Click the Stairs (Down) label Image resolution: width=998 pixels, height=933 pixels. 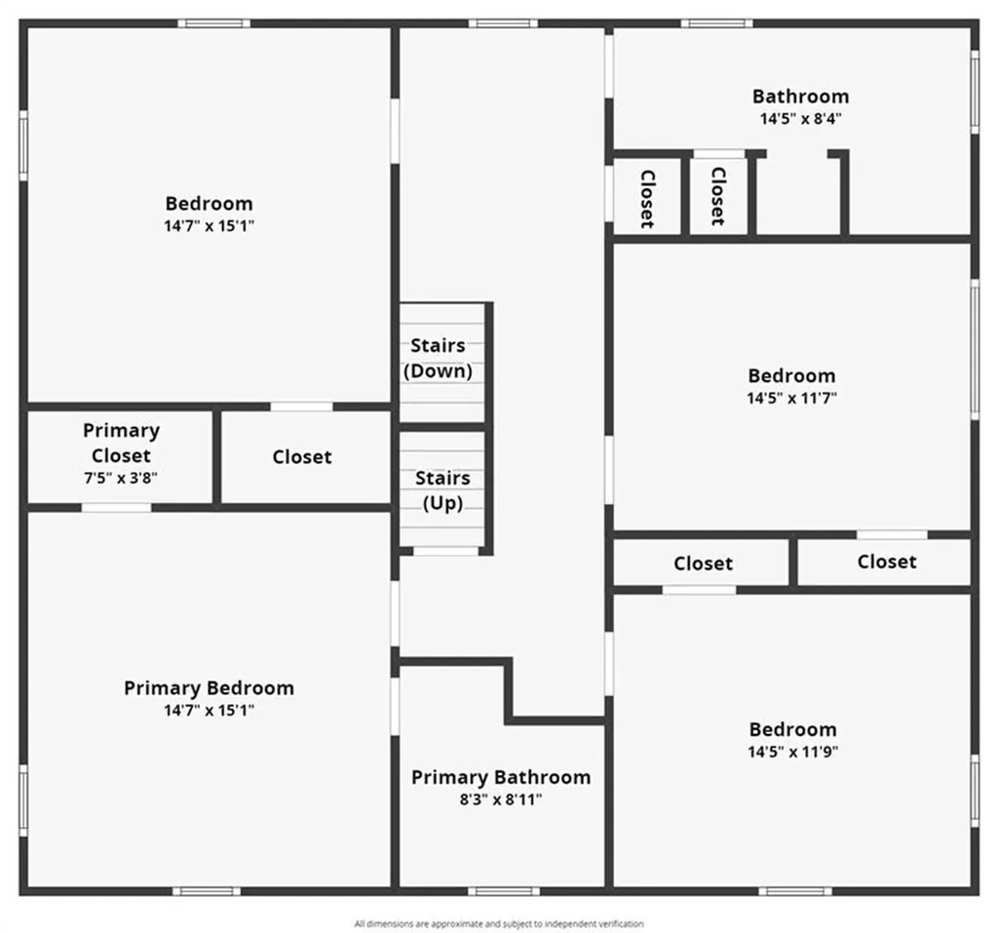point(438,358)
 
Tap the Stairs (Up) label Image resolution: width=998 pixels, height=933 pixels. point(442,490)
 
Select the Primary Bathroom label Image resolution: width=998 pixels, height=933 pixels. point(501,778)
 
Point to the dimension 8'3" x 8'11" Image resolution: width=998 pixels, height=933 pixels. point(501,799)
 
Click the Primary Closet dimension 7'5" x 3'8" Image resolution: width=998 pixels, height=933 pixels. point(121,478)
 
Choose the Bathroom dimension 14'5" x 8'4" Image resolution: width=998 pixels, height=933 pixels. point(801,119)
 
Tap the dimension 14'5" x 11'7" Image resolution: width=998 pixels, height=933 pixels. point(791,398)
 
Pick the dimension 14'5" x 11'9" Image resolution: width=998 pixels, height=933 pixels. point(793,752)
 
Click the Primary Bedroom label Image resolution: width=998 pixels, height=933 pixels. point(209,688)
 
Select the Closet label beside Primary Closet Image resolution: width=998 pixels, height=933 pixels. point(302,457)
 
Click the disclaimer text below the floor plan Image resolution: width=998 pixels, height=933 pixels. point(499,923)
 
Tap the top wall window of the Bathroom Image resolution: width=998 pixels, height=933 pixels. point(716,23)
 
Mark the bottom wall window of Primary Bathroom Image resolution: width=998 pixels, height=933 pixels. point(504,891)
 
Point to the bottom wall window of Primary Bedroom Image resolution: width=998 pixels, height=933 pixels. point(207,891)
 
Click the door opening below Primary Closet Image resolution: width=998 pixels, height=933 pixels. point(117,508)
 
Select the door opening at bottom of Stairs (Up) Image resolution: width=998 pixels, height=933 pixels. point(445,551)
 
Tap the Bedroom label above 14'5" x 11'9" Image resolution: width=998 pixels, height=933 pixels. point(793,730)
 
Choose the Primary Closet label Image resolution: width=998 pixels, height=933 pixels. point(121,444)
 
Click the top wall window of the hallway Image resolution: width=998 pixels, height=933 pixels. point(504,23)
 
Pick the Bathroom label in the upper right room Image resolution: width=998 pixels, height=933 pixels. point(801,97)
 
